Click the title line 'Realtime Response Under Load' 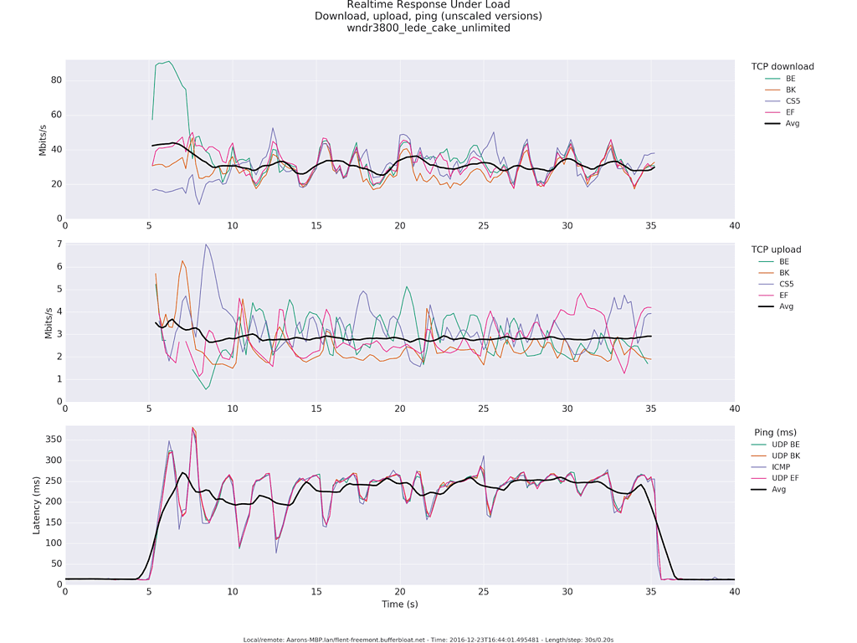(x=428, y=5)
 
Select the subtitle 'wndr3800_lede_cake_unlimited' (x=428, y=28)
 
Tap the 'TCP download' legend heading (x=783, y=67)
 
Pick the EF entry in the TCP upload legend (x=783, y=295)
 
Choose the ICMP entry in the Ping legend (x=791, y=466)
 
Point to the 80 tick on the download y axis (x=56, y=80)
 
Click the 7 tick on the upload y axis (x=59, y=244)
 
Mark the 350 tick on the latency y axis (x=52, y=439)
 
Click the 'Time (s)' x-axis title (x=400, y=604)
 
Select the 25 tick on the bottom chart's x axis (x=484, y=591)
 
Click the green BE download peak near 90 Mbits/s (x=169, y=61)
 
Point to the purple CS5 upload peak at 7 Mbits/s (x=206, y=244)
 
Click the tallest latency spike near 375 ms (x=193, y=428)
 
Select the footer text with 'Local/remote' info (x=428, y=640)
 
